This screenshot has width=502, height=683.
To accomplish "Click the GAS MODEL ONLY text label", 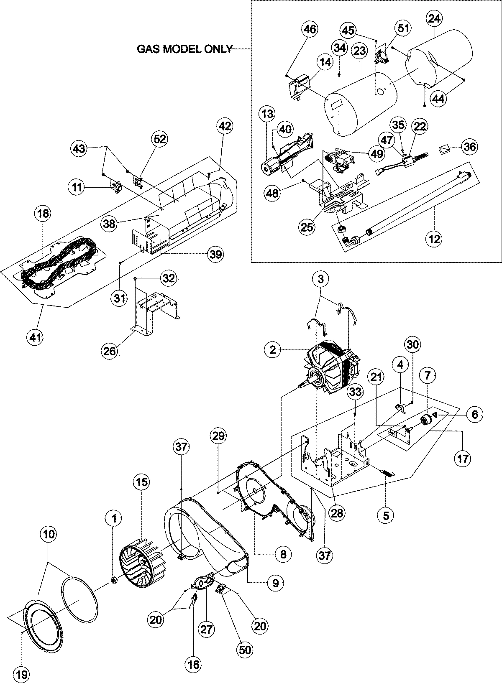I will [184, 49].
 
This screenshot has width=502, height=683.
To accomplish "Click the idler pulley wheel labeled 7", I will [427, 419].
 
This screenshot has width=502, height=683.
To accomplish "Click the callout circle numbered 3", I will [321, 280].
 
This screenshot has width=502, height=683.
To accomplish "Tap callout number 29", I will [219, 436].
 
